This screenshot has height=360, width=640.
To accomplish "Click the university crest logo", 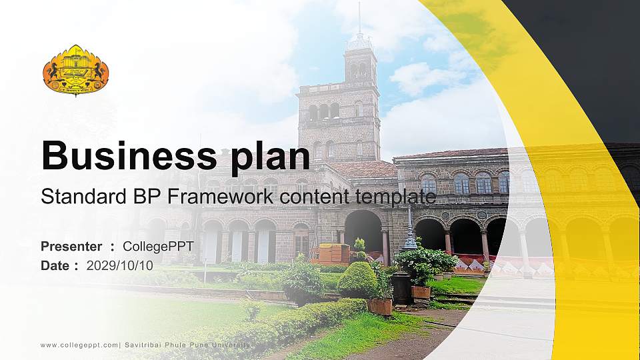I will tap(75, 70).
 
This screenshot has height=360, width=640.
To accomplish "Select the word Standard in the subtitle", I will tap(74, 197).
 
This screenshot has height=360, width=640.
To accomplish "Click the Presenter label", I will tap(71, 247).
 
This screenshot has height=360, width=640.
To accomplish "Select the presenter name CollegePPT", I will tap(158, 247).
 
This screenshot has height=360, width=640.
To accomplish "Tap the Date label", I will tap(55, 265).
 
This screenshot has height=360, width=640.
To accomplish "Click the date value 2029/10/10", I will tap(120, 265).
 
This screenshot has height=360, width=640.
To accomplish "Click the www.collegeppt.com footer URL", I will tap(79, 345).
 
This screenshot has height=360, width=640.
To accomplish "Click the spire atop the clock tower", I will tap(359, 20).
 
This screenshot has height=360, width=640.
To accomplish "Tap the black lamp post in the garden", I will tap(408, 233).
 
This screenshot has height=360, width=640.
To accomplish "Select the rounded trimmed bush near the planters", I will tap(357, 280).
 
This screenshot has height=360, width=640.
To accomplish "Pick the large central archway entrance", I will tap(363, 230).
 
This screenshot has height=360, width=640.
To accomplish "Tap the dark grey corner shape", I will tap(587, 53).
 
